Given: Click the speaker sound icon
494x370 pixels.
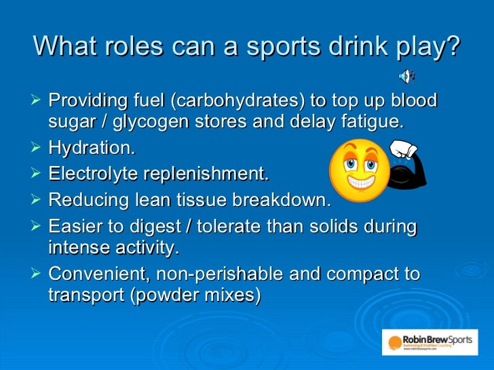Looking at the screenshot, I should click(407, 75).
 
